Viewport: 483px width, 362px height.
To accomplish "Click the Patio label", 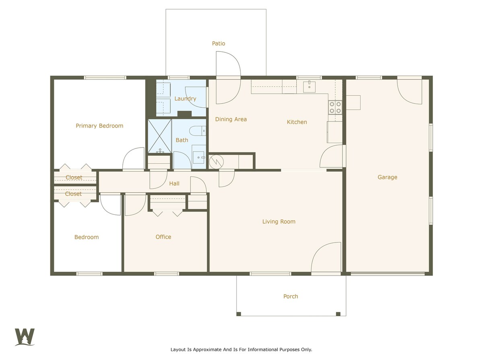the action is (x=218, y=43).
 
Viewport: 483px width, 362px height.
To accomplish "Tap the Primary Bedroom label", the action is (x=99, y=126).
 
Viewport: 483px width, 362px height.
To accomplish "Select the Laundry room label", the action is (x=185, y=99).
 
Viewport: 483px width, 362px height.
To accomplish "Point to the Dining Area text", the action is (x=231, y=119).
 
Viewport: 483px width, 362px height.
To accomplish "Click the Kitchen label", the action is (x=297, y=122).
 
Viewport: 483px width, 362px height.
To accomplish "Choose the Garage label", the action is (x=387, y=177).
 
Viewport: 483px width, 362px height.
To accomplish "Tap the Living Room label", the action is (x=279, y=222).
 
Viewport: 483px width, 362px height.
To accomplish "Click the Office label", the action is (x=163, y=237).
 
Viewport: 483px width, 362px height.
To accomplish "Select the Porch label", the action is (x=291, y=296).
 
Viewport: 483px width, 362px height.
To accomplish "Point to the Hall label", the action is (x=174, y=183).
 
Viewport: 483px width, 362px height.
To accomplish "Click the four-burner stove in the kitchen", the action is (x=335, y=107).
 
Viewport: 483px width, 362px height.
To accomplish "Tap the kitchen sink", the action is (x=309, y=86).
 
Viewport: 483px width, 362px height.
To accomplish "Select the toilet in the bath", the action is (x=198, y=131).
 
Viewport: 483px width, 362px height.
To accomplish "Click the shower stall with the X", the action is (x=159, y=136).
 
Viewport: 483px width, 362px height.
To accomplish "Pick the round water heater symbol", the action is (x=216, y=162).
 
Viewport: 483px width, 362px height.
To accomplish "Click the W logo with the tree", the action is (x=25, y=337).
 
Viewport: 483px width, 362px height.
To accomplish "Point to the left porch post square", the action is (x=239, y=314).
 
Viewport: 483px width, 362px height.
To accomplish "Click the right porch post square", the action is (x=338, y=314).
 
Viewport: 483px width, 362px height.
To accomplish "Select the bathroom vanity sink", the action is (x=199, y=157).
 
